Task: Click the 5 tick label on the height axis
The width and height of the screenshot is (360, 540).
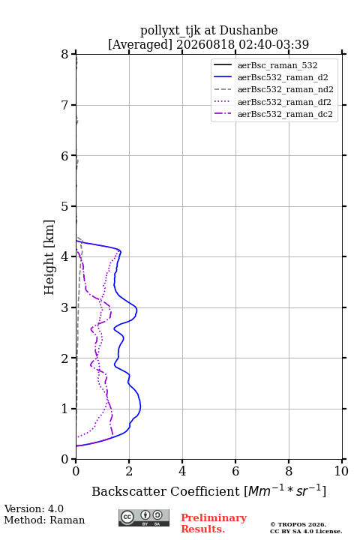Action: (65, 207)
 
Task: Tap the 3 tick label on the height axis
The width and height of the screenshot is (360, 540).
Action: (65, 308)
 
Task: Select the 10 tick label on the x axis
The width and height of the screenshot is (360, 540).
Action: (341, 471)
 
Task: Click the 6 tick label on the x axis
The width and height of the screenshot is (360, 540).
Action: (235, 471)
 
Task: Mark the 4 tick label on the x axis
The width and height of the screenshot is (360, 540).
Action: (182, 471)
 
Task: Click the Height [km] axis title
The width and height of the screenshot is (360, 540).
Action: (49, 257)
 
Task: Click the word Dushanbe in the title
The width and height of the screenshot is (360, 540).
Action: (248, 31)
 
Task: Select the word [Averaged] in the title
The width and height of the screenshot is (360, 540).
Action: (139, 45)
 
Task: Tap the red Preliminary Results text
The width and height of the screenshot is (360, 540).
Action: (214, 523)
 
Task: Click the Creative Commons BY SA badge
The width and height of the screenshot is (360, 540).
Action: (144, 517)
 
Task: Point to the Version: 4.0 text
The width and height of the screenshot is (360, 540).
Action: (34, 508)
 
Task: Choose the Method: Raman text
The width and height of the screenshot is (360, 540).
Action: (44, 520)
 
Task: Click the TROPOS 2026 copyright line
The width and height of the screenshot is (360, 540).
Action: (298, 524)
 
